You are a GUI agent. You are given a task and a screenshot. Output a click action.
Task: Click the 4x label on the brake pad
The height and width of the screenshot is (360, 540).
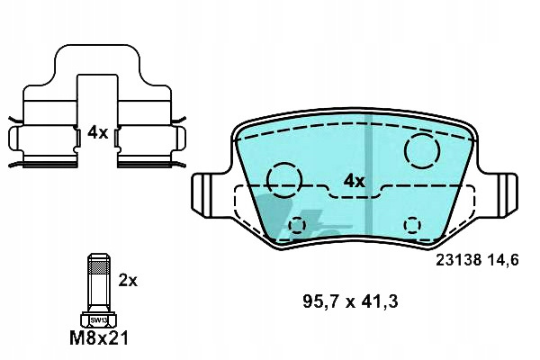[355, 181]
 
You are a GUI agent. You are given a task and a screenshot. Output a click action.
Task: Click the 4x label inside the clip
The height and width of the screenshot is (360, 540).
[97, 132]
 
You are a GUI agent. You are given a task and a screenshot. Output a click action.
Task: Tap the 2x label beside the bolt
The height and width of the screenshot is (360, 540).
[128, 281]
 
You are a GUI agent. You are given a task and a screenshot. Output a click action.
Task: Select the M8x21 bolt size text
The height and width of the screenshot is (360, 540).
[99, 338]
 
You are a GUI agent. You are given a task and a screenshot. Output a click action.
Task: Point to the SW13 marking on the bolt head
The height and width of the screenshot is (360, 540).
[99, 320]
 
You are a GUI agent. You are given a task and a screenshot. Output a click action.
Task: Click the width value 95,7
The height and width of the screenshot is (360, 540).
[321, 301]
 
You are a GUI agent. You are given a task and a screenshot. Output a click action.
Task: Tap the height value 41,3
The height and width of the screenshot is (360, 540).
[380, 301]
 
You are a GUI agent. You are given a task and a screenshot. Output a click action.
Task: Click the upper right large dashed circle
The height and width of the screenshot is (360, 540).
[423, 134]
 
